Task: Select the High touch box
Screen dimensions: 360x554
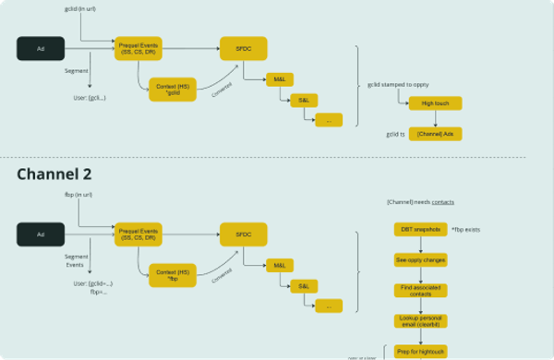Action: (x=435, y=103)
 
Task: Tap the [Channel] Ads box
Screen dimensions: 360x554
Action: (x=435, y=134)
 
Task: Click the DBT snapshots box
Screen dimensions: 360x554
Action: (x=421, y=228)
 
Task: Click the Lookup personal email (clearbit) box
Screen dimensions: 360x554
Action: (x=421, y=320)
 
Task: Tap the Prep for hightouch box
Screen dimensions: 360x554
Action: (x=421, y=351)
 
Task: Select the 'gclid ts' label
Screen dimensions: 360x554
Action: (x=395, y=134)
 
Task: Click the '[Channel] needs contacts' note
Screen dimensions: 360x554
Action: (x=419, y=202)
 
